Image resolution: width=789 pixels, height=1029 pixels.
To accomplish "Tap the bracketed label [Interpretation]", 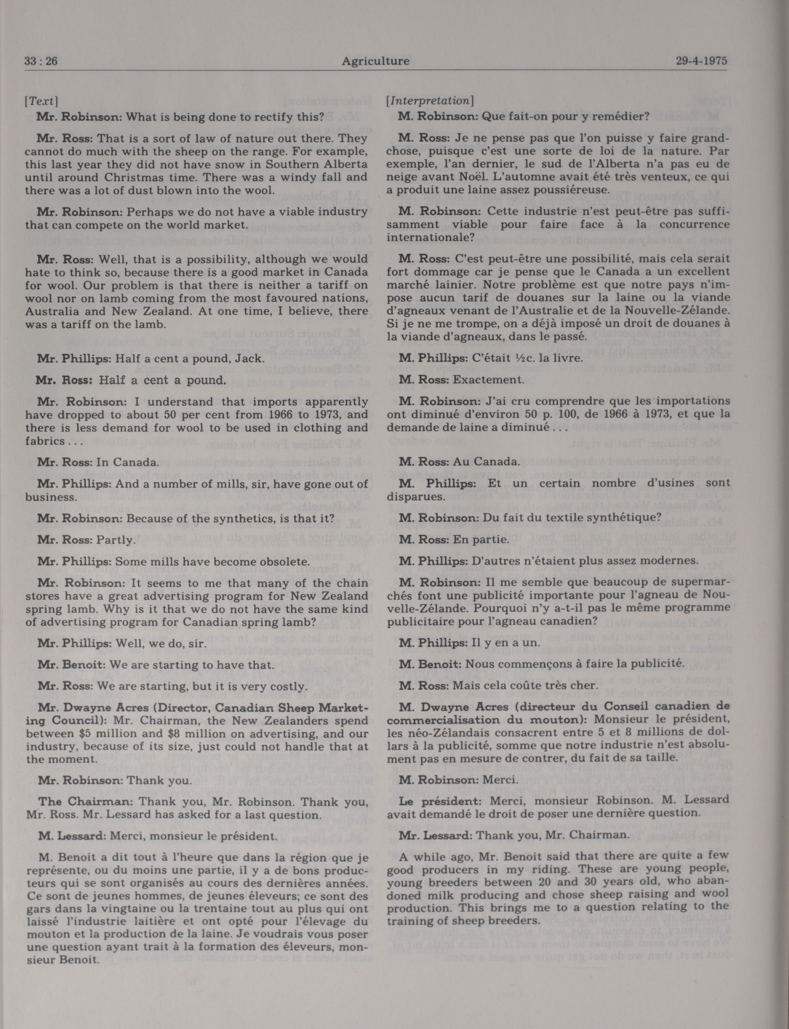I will pos(430,101).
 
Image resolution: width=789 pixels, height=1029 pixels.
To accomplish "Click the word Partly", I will pos(116,540).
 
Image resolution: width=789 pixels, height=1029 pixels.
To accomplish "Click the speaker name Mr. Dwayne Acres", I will pos(93,708).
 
